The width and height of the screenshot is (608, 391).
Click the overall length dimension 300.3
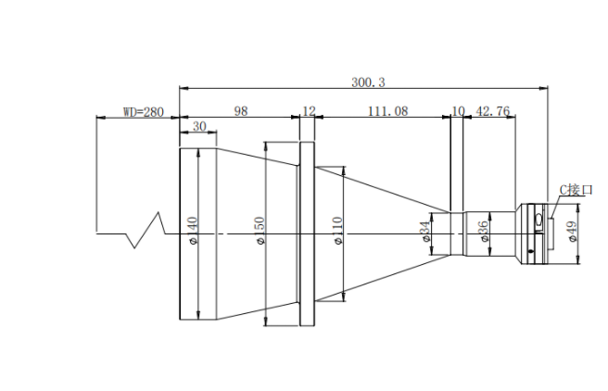(x=368, y=82)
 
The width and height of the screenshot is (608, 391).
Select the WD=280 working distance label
(x=144, y=112)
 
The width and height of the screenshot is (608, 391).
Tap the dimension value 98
(x=240, y=111)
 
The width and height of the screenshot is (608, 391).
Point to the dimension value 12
(x=309, y=111)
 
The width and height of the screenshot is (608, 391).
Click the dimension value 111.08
(x=387, y=111)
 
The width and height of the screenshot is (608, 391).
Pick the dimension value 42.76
(x=492, y=111)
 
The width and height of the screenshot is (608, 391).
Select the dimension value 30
(x=199, y=126)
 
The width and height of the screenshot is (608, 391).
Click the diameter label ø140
(x=193, y=231)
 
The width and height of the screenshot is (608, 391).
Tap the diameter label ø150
(x=260, y=231)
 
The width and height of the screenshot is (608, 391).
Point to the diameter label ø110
(x=337, y=231)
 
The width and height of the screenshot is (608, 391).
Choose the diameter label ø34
(x=425, y=232)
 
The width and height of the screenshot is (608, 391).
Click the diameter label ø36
(x=483, y=232)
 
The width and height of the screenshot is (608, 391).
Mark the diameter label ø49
(x=573, y=232)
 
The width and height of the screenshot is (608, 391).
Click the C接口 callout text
(x=576, y=190)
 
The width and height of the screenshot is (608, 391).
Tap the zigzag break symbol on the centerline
(x=147, y=230)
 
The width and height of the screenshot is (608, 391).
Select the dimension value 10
(x=458, y=111)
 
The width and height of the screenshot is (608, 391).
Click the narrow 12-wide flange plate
(x=307, y=234)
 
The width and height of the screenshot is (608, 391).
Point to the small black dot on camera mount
(x=531, y=251)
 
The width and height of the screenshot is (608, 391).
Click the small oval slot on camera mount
(x=538, y=221)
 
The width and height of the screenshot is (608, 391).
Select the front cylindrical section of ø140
(x=198, y=234)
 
